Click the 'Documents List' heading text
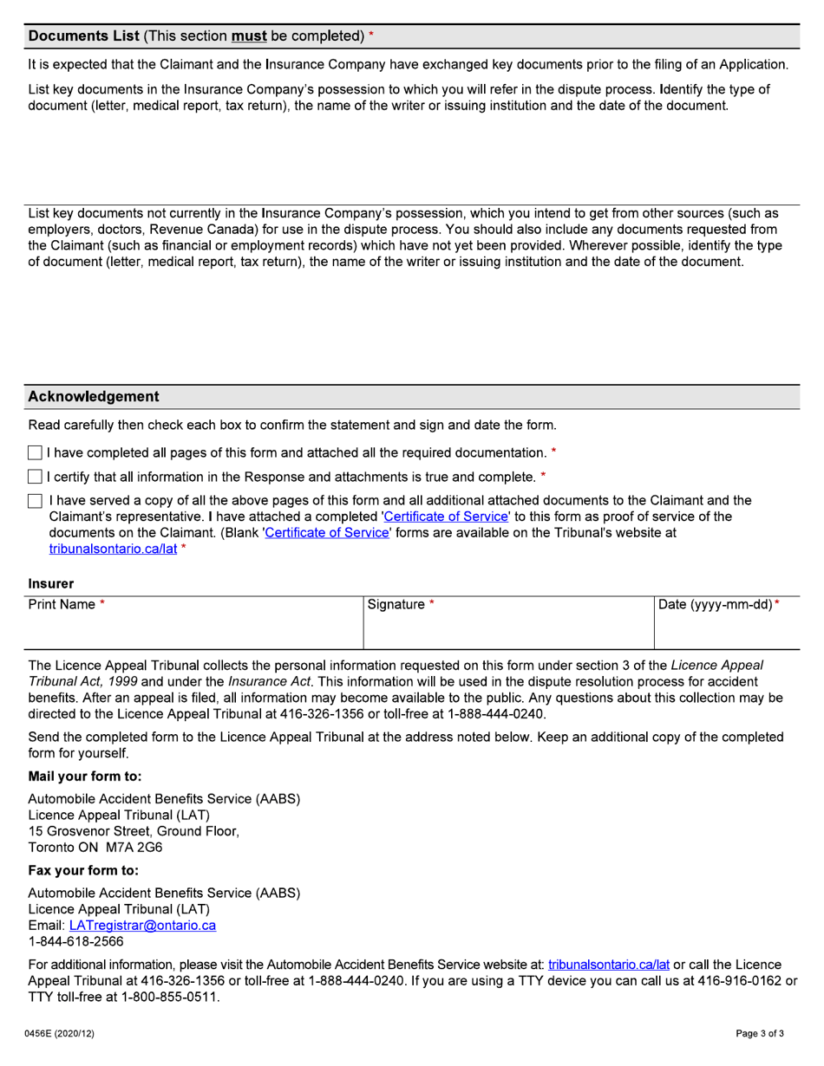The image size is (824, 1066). (83, 36)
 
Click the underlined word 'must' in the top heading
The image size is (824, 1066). (249, 36)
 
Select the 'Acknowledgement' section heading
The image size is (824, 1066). (94, 396)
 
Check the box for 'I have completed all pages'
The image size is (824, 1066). (35, 452)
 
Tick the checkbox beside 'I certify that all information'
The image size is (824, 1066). (35, 477)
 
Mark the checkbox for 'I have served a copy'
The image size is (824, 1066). (35, 501)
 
